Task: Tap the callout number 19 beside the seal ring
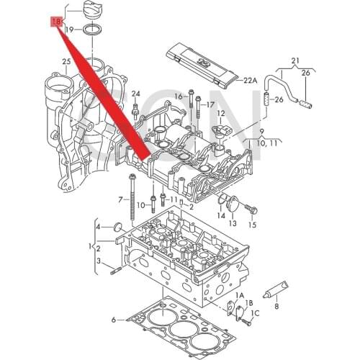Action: (69, 30)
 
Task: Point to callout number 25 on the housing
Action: (66, 63)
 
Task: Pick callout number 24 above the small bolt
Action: (135, 94)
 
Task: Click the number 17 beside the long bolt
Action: (210, 104)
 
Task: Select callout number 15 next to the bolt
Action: (252, 225)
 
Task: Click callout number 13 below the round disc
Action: (232, 224)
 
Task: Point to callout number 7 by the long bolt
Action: (120, 199)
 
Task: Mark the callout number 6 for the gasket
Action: (113, 319)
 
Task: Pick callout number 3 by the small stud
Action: (99, 271)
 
